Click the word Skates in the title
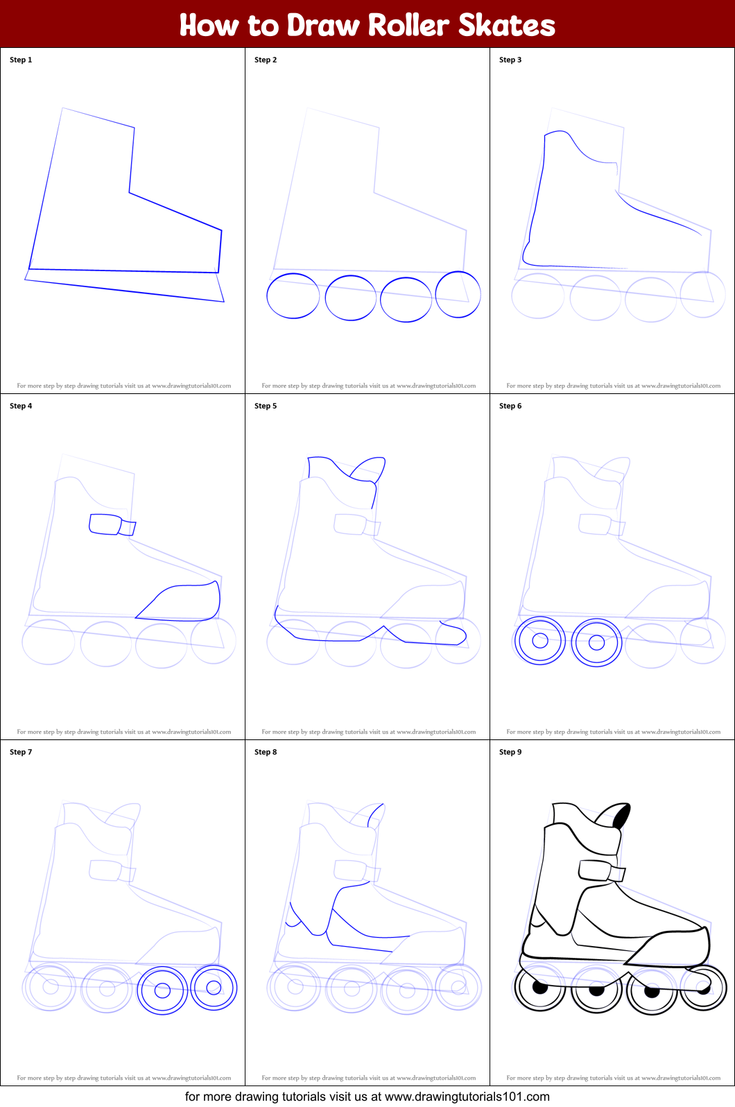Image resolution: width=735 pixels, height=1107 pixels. coord(507,25)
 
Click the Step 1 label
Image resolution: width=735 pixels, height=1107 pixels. coord(21,60)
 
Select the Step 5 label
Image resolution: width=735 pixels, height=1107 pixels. coord(266,406)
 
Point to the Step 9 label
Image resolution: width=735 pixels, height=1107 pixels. coord(510,752)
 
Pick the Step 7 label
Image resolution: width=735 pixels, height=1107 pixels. coord(21,752)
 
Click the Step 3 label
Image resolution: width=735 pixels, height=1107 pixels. coord(510,60)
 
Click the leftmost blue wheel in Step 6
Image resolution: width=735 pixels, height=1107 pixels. coord(515,641)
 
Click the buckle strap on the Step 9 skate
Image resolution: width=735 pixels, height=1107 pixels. coord(602,870)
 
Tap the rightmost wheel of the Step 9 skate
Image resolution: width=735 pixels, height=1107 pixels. coord(725,988)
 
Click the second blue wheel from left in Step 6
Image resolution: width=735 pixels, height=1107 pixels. coord(572,642)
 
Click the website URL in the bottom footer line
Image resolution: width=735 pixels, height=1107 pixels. coord(467,1097)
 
